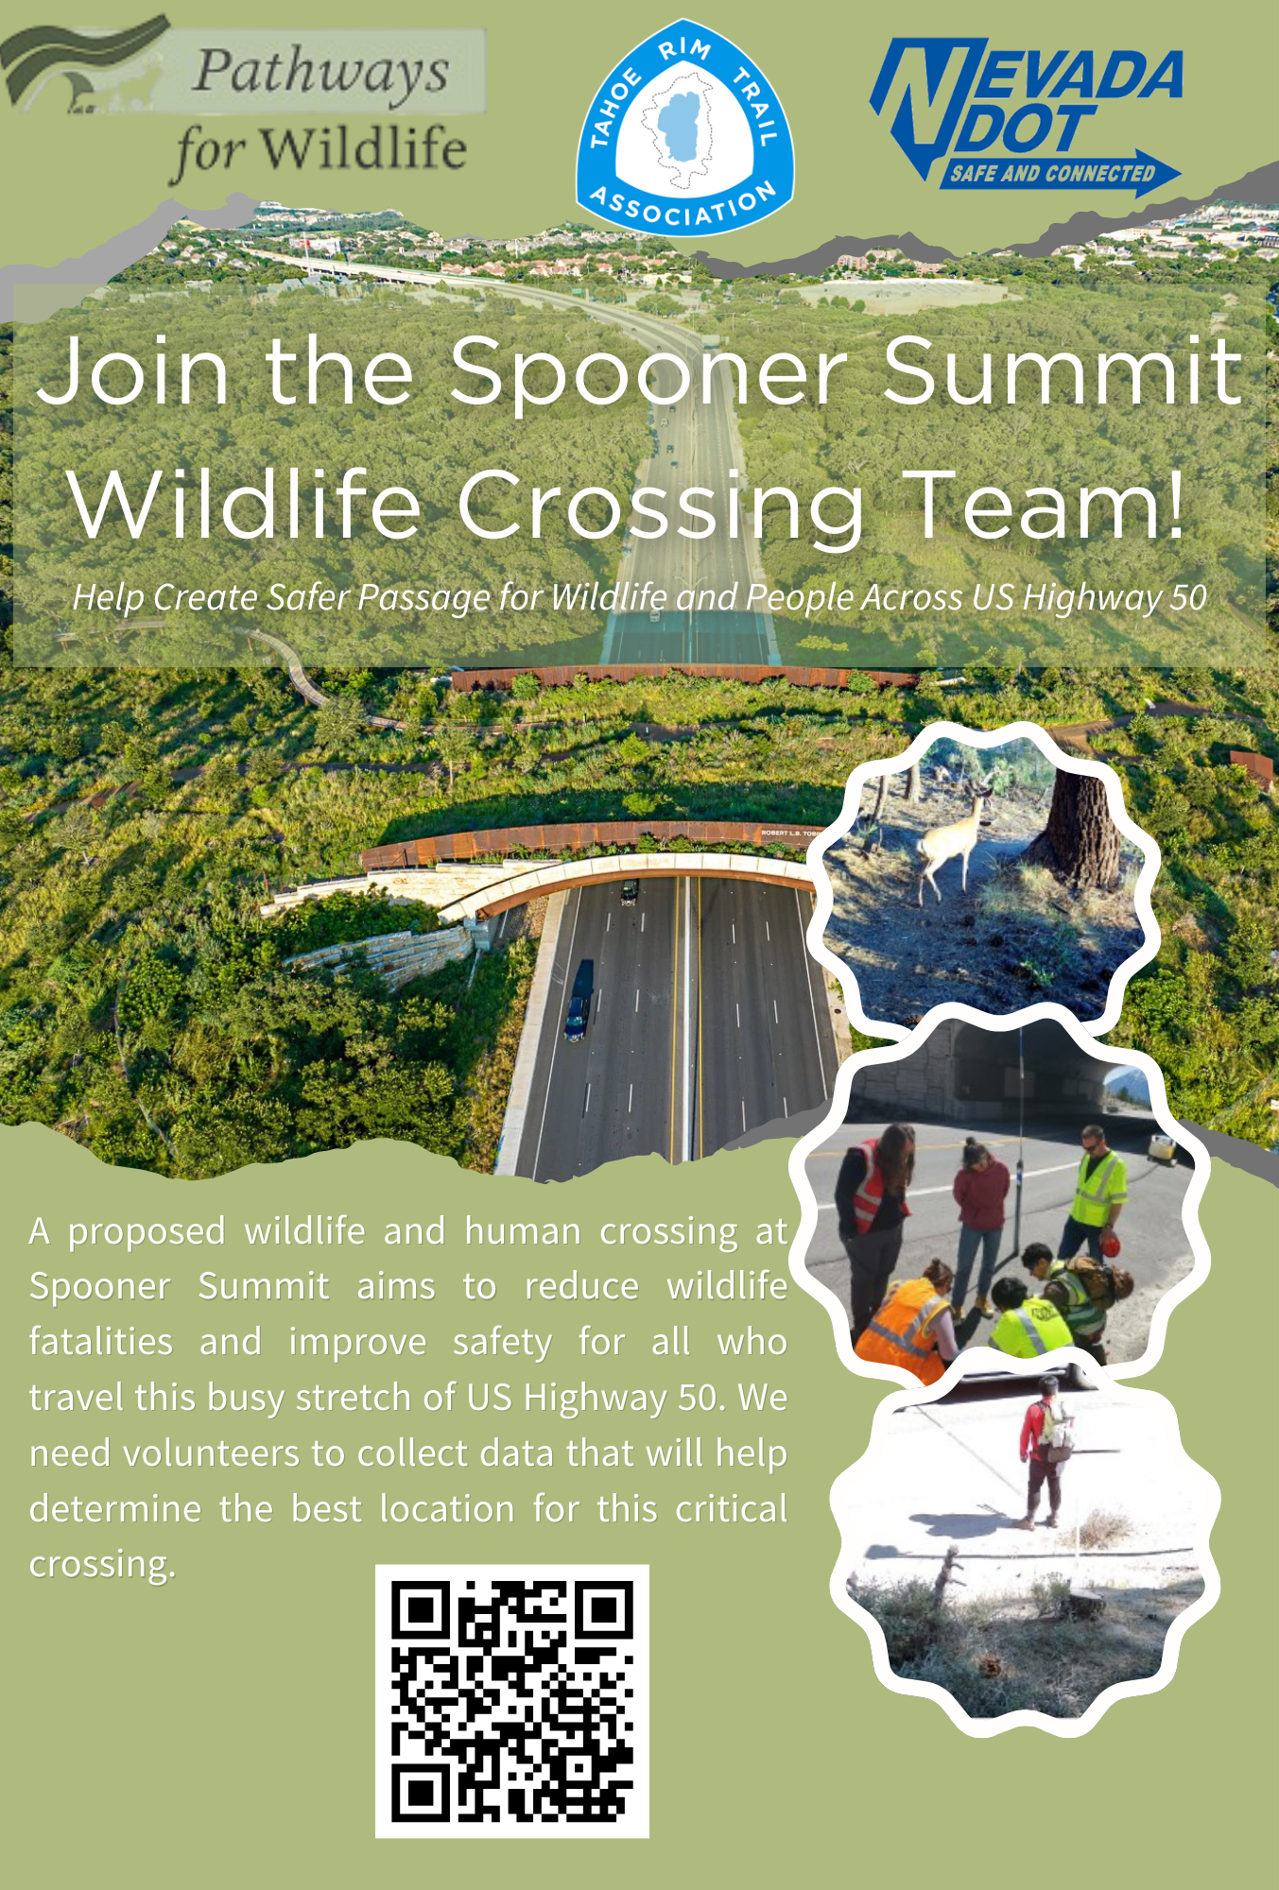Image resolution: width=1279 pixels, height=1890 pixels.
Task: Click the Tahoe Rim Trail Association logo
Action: coord(684,127)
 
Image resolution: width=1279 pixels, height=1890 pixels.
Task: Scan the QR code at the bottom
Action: coord(512,1701)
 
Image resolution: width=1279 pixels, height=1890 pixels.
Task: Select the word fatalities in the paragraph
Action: coord(101,1342)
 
